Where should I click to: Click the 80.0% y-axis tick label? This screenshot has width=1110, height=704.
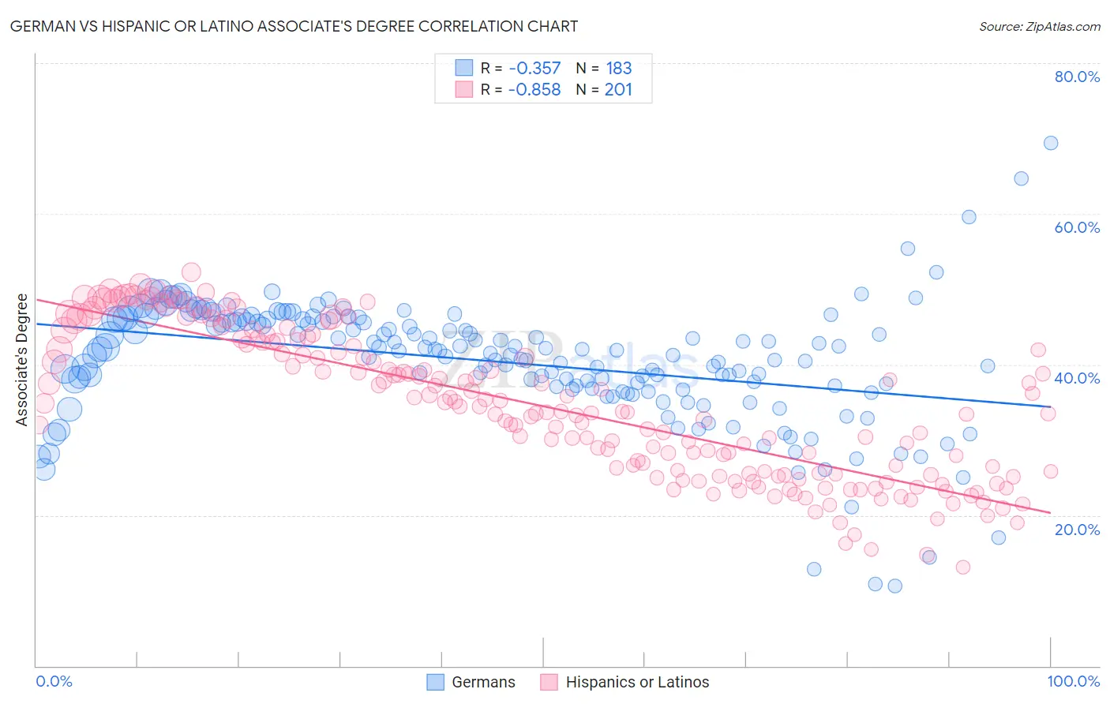pos(1077,77)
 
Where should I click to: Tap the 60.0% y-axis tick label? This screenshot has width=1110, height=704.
pos(1077,227)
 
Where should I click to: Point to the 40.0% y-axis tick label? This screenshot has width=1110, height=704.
pos(1077,378)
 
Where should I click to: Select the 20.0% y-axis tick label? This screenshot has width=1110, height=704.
pos(1077,529)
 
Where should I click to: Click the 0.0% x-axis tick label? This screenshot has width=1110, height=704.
pos(54,681)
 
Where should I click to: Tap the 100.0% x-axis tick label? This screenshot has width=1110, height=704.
pos(1073,681)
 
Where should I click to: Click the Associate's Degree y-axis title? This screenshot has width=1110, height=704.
pos(22,360)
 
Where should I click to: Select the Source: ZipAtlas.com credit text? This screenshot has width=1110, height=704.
pos(1039,26)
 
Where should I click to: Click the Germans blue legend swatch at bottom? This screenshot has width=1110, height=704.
pos(436,682)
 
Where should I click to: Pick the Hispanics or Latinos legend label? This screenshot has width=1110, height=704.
pos(637,682)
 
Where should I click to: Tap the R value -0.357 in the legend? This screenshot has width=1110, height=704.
pos(534,69)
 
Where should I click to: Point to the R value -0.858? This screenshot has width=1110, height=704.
pos(534,90)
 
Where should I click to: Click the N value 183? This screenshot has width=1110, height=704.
pos(618,69)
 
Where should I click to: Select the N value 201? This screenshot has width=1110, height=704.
pos(618,90)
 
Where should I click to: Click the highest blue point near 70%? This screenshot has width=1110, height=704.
pos(1051,143)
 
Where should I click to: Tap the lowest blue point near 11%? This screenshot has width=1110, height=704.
pos(894,586)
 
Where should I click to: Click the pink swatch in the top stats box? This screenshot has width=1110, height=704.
pos(463,89)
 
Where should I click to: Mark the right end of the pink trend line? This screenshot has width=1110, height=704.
pos(1051,512)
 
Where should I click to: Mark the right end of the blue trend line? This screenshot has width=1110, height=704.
pos(1051,406)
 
